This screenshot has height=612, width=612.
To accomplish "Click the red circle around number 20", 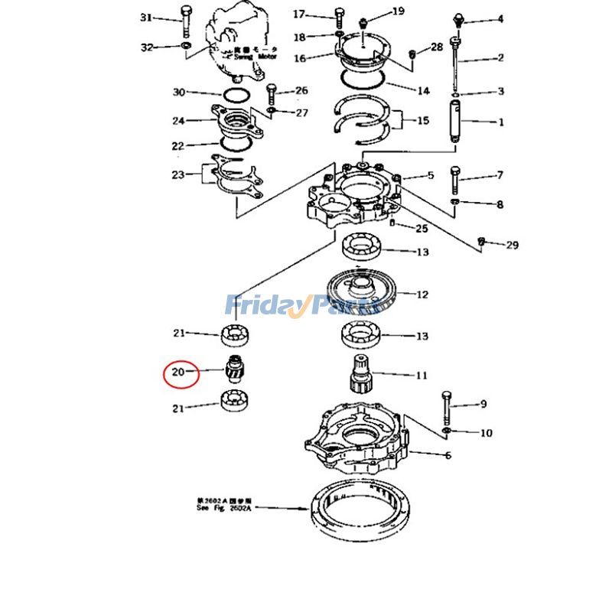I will click(x=181, y=373).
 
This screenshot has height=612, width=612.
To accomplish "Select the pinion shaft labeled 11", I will click(x=360, y=375).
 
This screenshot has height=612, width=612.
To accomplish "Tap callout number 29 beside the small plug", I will click(x=512, y=245).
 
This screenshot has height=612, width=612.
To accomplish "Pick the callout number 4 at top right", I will click(x=500, y=18).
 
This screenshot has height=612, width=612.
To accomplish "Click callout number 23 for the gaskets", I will click(x=177, y=174).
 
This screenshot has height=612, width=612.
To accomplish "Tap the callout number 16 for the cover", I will click(x=299, y=58).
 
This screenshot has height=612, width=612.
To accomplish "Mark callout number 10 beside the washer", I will click(x=486, y=433).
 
